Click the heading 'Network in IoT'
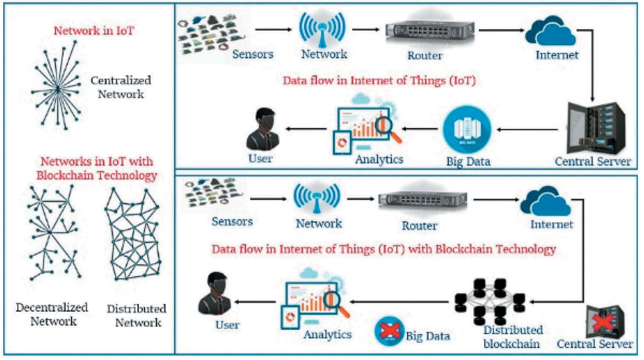[93, 31]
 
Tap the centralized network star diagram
[57, 88]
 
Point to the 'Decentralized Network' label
[52, 314]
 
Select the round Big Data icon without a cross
[467, 129]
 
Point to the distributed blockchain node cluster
[490, 301]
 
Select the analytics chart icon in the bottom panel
[313, 298]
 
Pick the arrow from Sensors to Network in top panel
[273, 29]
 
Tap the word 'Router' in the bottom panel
[419, 225]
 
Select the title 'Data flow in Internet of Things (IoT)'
[379, 80]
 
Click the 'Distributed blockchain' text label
[512, 337]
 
